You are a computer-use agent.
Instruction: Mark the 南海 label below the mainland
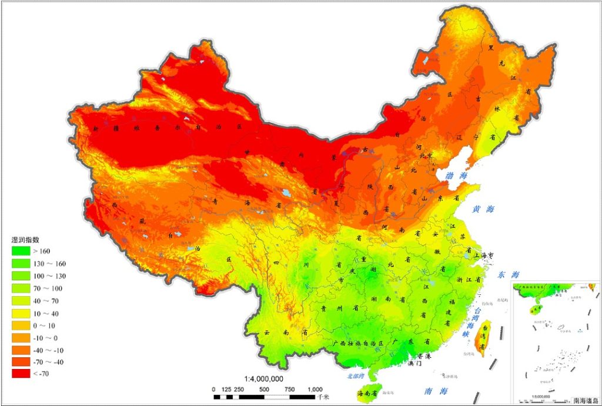[439, 391]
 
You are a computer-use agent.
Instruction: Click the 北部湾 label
[355, 376]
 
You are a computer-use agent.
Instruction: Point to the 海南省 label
[368, 394]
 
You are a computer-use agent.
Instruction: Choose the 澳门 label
[415, 364]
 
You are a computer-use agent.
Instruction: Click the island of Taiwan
[485, 338]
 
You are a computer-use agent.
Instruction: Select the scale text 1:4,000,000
[264, 379]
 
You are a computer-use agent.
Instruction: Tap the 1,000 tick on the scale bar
[315, 389]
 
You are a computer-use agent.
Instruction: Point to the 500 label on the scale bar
[264, 389]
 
